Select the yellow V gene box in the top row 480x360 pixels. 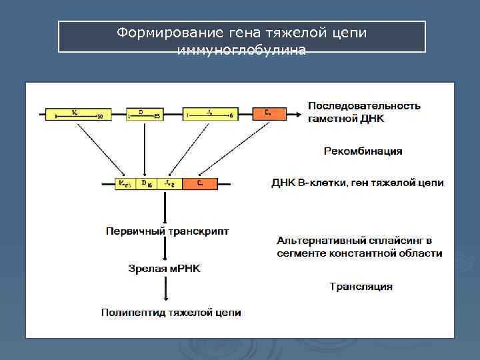tap(77, 114)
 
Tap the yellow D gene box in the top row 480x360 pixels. tap(145, 114)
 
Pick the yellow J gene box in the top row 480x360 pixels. tap(210, 114)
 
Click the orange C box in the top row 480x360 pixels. tap(268, 114)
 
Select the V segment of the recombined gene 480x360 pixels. tap(125, 183)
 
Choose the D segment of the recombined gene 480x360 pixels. tap(145, 183)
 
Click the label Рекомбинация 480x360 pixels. tap(363, 151)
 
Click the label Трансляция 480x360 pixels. tap(361, 287)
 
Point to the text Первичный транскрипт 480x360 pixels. tap(167, 231)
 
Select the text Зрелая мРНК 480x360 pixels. tap(164, 268)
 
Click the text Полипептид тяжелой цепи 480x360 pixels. tap(171, 312)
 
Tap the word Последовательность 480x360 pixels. tap(364, 106)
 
